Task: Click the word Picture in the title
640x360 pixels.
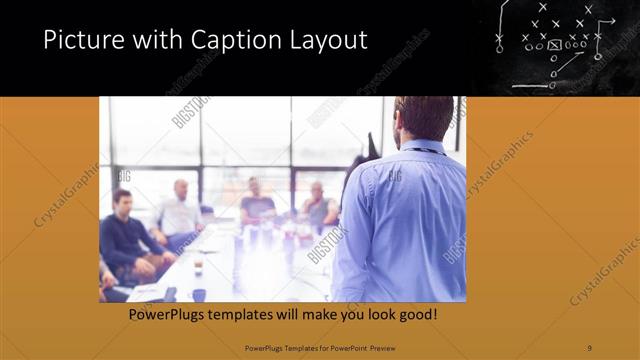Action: coord(78,41)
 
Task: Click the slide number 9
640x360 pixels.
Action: coord(589,348)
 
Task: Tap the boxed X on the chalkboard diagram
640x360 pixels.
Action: coord(554,45)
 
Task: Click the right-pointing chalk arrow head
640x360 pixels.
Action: coord(611,22)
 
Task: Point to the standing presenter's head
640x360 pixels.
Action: coord(423,117)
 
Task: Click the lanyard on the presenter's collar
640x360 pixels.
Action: coord(420,150)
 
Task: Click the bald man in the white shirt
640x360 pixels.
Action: coord(180,210)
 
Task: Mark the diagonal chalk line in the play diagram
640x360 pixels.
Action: coord(570,66)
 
